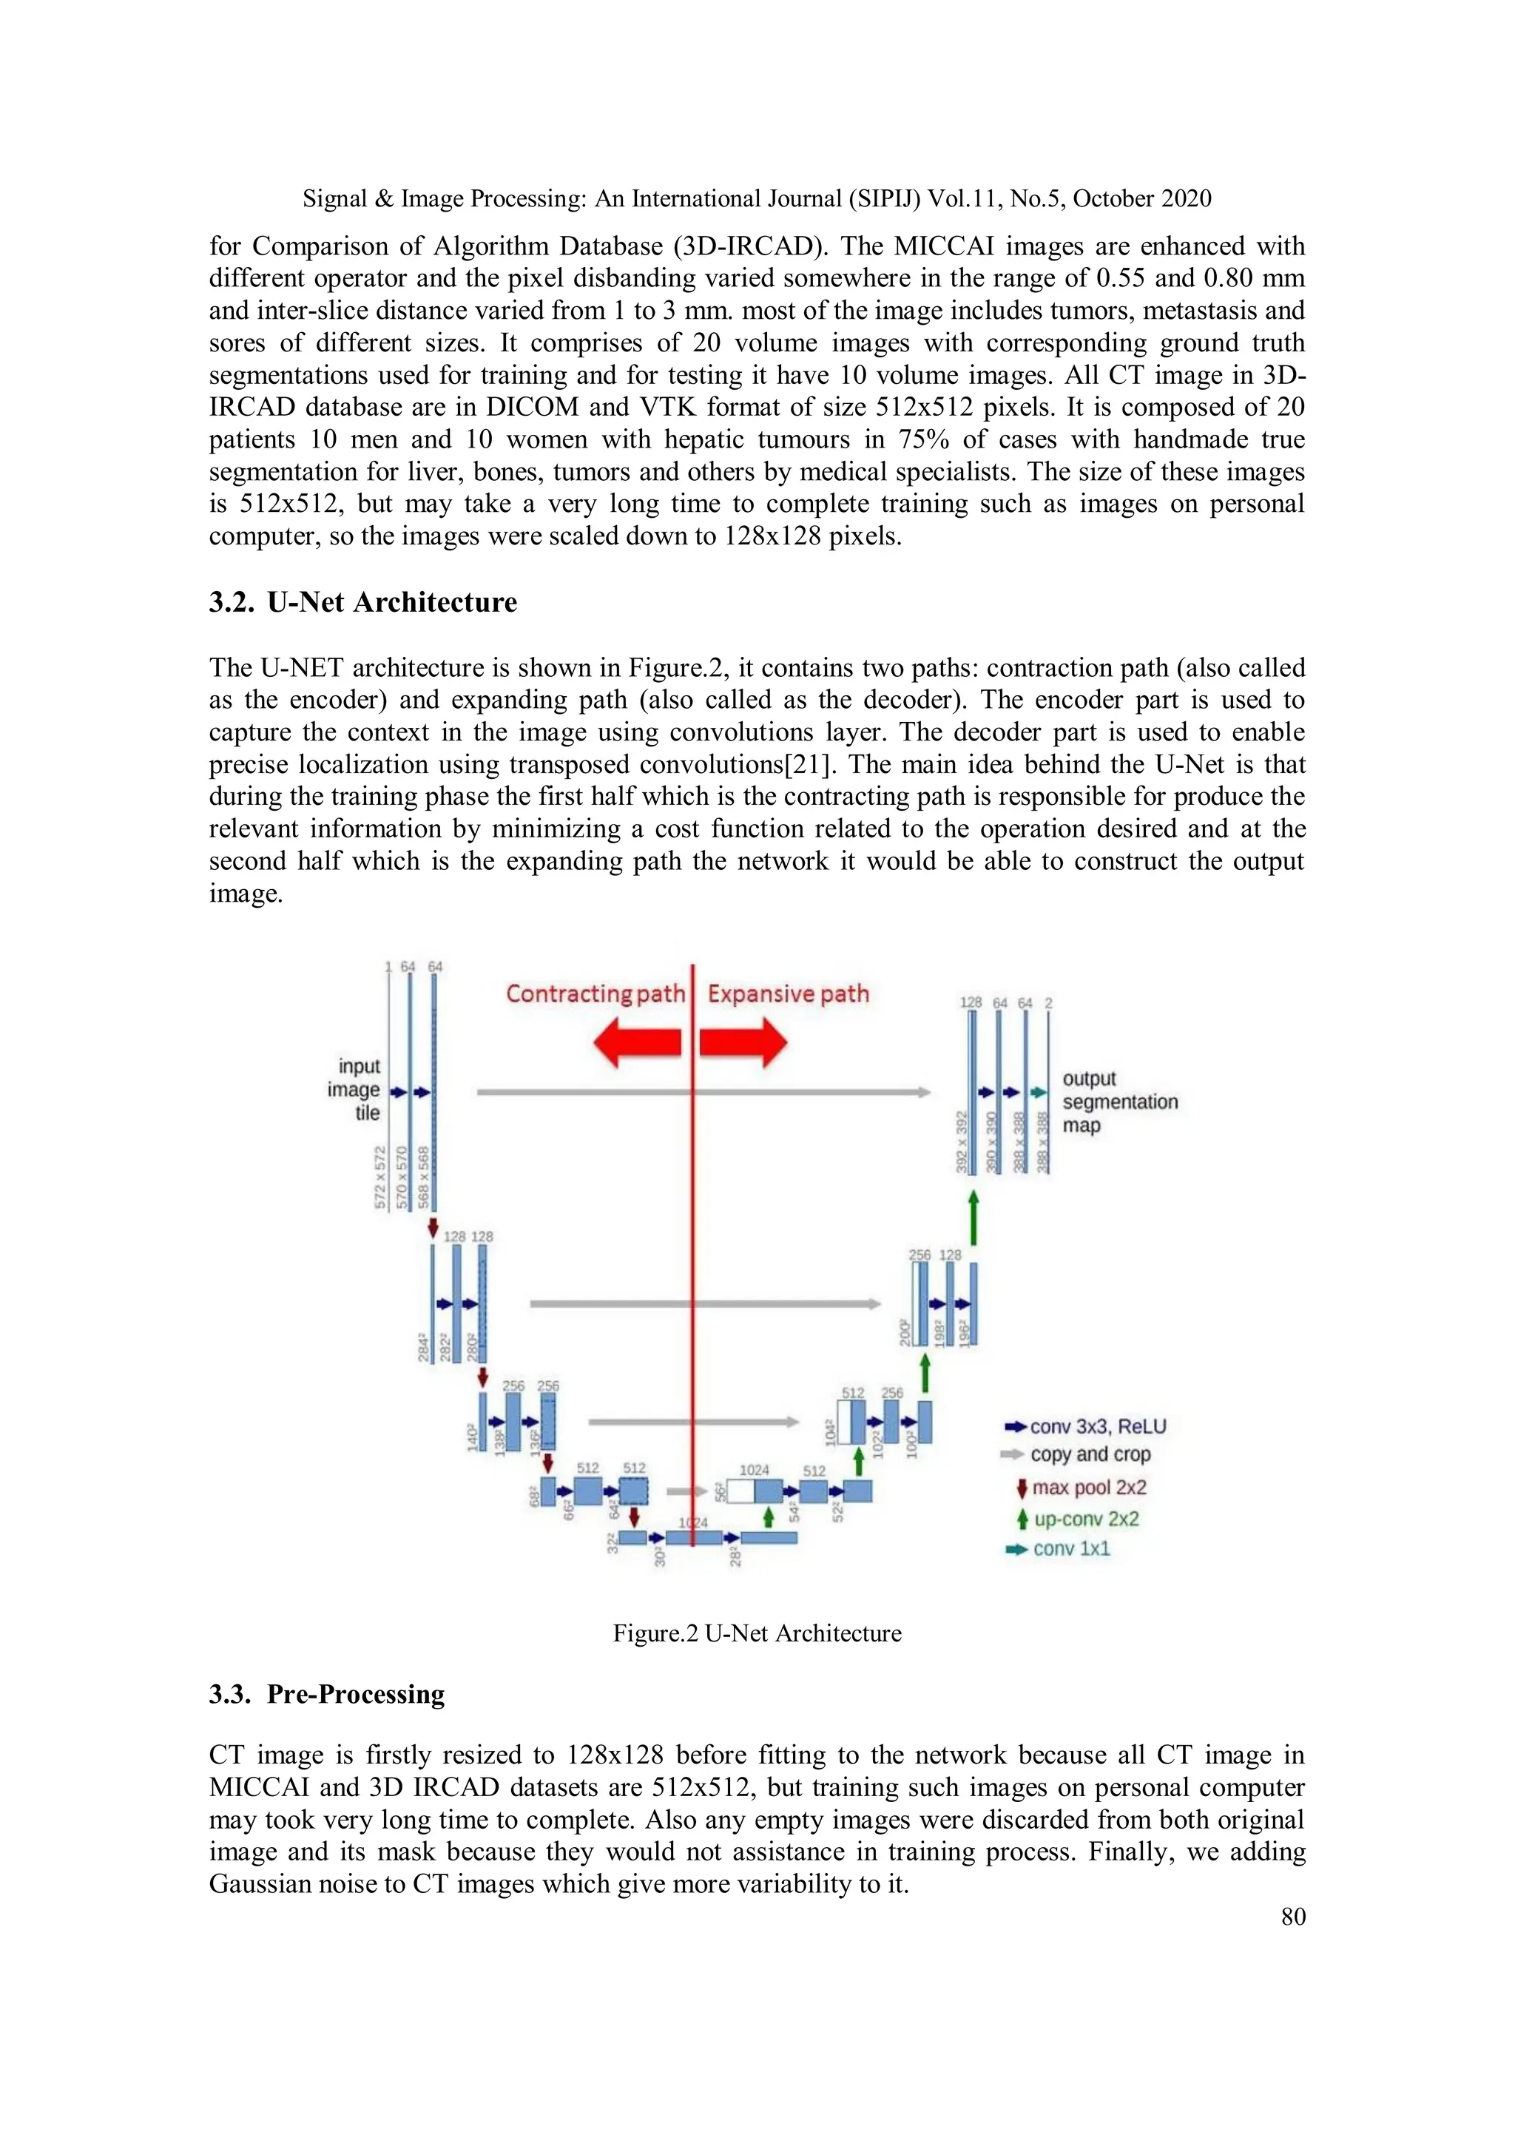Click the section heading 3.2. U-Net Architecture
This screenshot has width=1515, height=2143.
coord(362,602)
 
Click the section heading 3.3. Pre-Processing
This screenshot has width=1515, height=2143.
coord(327,1694)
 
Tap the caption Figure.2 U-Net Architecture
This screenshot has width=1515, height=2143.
coord(756,1633)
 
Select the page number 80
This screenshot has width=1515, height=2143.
coord(1293,1916)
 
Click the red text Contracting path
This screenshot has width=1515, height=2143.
coord(595,993)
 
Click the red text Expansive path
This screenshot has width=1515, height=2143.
coord(788,993)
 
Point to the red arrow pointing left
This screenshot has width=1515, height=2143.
coord(637,1042)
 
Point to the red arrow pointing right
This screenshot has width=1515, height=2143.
coord(744,1042)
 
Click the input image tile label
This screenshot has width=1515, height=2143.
coord(356,1089)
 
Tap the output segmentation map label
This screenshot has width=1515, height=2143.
coord(1118,1101)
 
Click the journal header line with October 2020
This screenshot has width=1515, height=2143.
coord(757,199)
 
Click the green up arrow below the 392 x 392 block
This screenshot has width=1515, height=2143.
coord(974,1218)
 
